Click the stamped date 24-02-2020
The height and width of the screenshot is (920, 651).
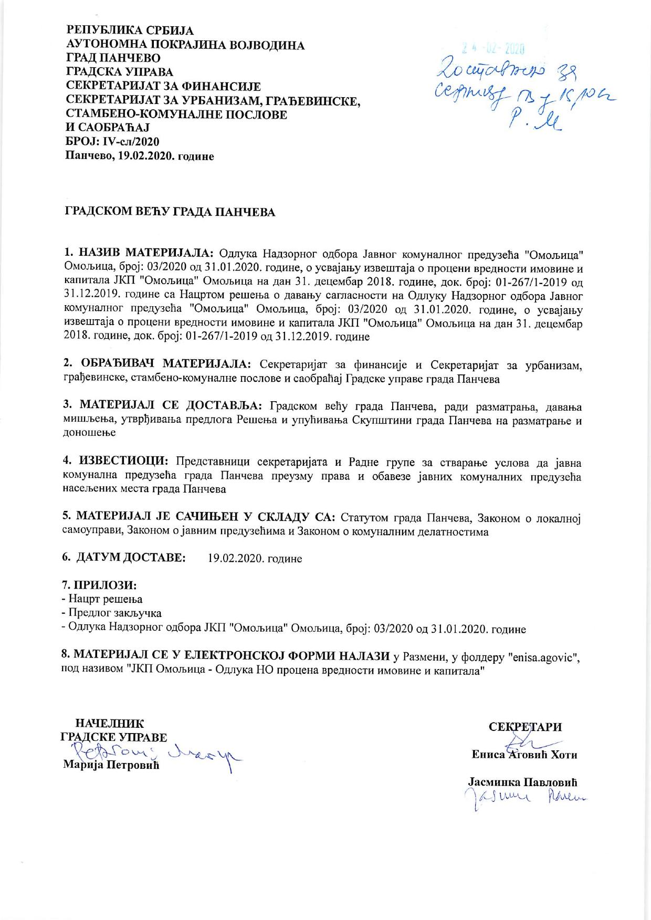coord(493,49)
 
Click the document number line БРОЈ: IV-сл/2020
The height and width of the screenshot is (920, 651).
coord(112,142)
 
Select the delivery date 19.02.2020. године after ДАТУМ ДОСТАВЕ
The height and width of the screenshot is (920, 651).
coord(255,558)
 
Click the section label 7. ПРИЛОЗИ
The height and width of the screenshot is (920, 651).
coord(102,584)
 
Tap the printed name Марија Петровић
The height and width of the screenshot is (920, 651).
coord(111,764)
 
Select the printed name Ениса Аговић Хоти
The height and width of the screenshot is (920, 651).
coord(524,755)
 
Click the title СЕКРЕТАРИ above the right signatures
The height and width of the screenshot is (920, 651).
coord(525,727)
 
